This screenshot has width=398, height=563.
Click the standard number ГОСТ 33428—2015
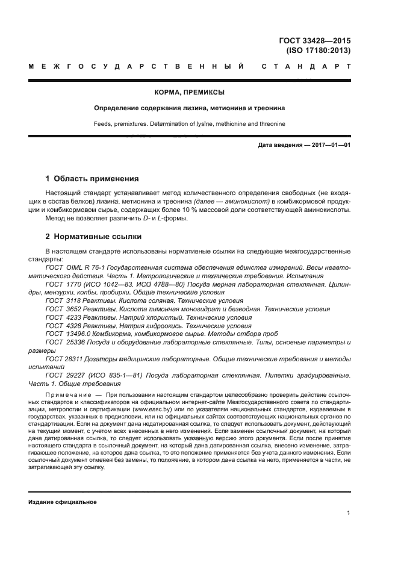[x=314, y=41]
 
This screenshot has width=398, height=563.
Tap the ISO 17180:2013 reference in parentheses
[x=319, y=51]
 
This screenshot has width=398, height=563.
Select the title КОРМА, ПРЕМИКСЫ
[x=189, y=92]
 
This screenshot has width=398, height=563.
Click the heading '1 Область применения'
[x=92, y=179]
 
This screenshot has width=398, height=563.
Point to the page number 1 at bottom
[x=349, y=513]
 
